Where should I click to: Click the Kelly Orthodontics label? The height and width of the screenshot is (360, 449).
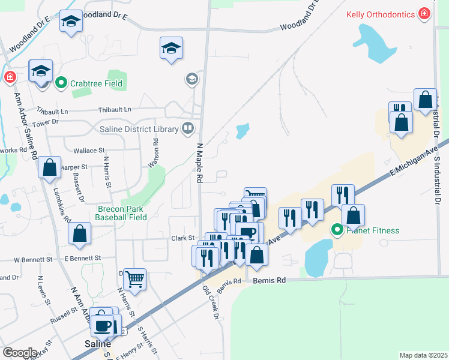coord(381,13)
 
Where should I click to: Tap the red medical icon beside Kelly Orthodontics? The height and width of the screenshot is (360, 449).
coord(424,13)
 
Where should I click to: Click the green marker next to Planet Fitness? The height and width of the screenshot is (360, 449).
coord(337,229)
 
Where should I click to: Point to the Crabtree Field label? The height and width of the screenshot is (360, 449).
coord(97,83)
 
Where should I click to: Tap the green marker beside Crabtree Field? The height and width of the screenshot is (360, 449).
coord(60,83)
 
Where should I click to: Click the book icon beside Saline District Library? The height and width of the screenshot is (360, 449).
coord(188,128)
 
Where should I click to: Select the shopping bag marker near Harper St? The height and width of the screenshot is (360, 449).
coord(49,167)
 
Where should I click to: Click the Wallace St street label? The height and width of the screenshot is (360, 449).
coord(89,151)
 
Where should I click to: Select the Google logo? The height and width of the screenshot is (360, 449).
coord(20,353)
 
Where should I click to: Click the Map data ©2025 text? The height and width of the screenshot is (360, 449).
coord(423,355)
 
